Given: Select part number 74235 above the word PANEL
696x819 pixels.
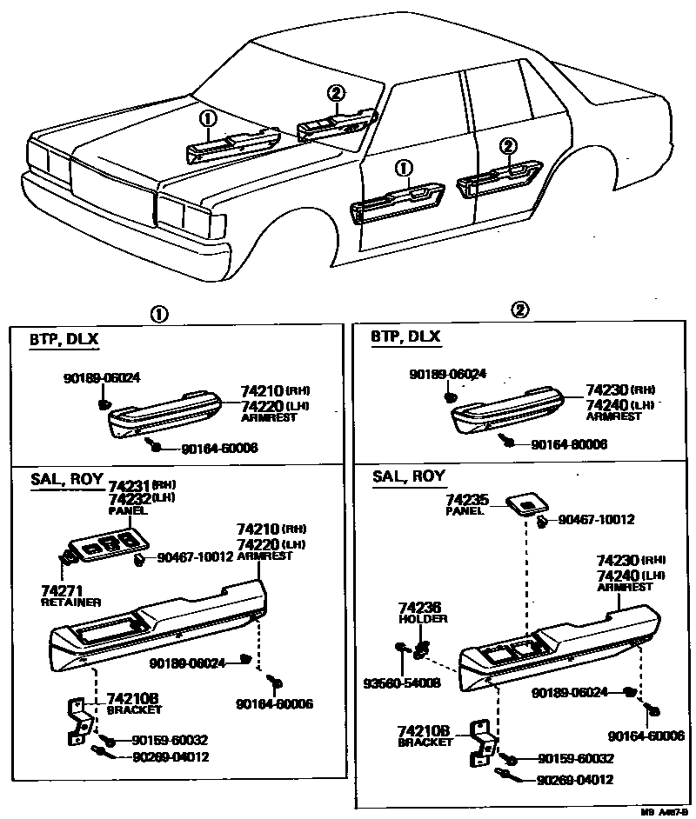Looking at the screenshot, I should (467, 500).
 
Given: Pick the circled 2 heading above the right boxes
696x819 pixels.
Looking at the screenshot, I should (519, 310).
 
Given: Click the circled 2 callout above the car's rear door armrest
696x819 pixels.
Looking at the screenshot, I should (508, 146).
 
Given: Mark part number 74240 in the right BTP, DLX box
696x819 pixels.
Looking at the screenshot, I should (606, 404).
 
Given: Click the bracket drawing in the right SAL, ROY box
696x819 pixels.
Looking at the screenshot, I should (481, 743).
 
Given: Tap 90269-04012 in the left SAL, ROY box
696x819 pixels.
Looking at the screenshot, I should (171, 756).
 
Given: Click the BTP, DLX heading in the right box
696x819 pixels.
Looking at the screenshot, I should (405, 336).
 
